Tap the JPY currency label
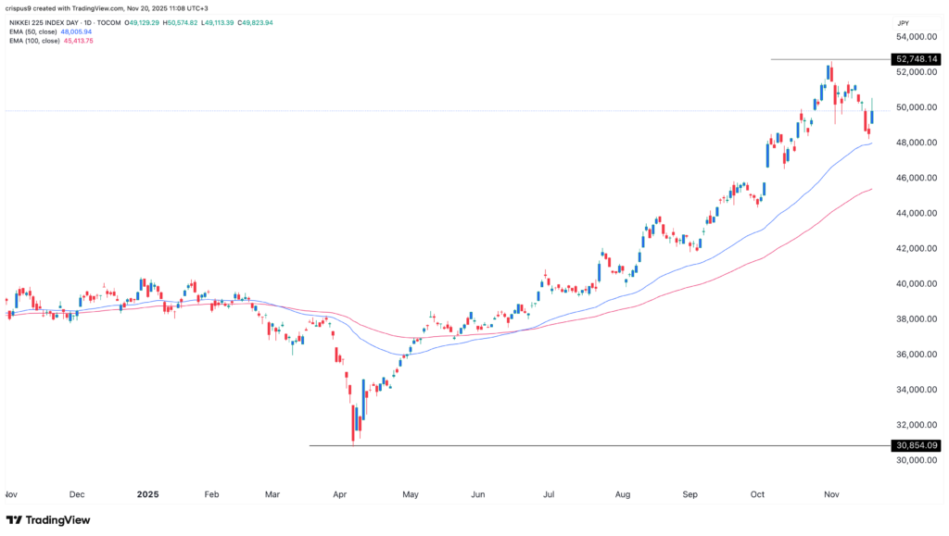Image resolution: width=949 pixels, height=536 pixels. (x=905, y=20)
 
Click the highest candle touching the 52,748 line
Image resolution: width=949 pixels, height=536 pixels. (x=830, y=73)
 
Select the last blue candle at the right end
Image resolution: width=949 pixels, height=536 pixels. (x=872, y=116)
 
